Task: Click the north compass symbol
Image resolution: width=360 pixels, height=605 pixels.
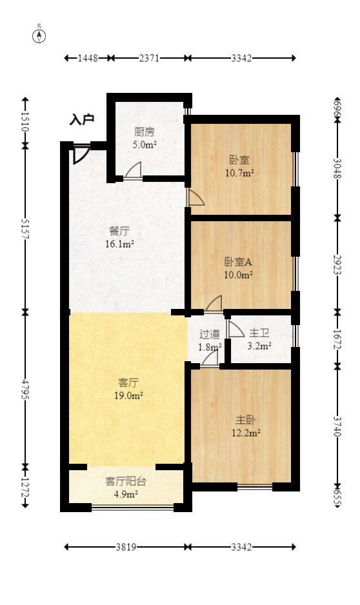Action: tap(39, 35)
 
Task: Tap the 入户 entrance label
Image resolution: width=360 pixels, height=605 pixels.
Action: tap(83, 119)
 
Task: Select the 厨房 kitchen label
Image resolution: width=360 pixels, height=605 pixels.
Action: tap(145, 132)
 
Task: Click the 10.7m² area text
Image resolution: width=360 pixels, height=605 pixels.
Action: tap(239, 172)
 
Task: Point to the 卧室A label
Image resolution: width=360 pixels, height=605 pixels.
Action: tap(238, 262)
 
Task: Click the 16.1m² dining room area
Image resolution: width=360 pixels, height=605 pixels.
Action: tap(119, 244)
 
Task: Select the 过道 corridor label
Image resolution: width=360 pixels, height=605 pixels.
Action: tap(210, 334)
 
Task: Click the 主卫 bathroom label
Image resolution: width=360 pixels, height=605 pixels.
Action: tap(259, 333)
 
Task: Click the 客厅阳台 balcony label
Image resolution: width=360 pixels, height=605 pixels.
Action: tap(126, 481)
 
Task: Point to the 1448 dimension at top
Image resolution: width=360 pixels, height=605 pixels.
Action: tap(88, 58)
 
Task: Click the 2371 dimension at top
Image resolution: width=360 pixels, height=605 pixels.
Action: tap(149, 58)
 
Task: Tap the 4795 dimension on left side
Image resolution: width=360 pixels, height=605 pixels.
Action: tap(25, 389)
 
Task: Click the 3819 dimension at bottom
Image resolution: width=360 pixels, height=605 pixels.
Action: tap(126, 547)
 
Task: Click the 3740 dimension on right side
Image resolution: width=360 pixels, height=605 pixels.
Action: tap(337, 426)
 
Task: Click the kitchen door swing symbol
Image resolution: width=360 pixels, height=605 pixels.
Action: tap(134, 170)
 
